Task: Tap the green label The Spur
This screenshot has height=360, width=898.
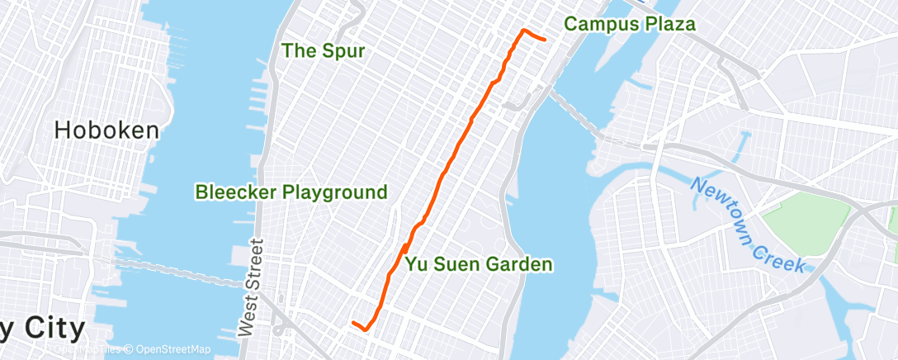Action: (323, 51)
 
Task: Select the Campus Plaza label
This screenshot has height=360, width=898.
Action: (629, 25)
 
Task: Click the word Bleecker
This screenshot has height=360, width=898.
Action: (235, 193)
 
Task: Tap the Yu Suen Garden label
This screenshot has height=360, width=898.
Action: (478, 265)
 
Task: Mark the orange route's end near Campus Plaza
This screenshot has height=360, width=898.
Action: (545, 39)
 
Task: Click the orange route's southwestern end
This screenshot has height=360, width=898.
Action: (353, 323)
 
